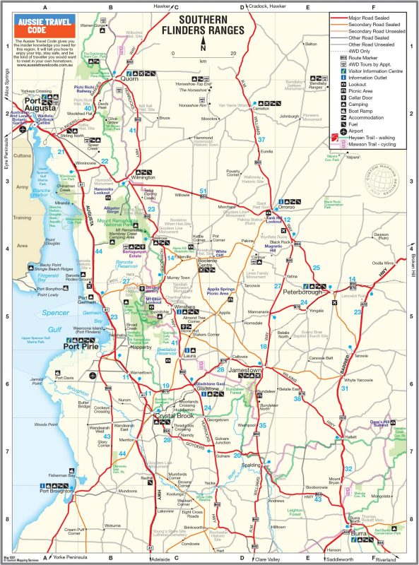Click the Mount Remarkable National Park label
point(122,222)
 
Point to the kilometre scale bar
point(203,55)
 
